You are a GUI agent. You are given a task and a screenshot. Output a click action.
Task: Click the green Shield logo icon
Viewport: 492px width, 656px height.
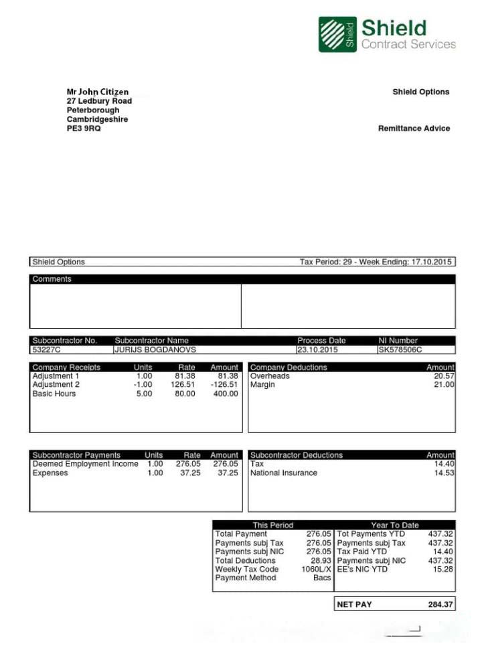click(x=337, y=34)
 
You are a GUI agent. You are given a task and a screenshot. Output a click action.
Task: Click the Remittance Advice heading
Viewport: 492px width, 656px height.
click(x=414, y=129)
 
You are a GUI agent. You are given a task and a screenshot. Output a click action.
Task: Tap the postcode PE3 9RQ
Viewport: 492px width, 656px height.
click(x=84, y=129)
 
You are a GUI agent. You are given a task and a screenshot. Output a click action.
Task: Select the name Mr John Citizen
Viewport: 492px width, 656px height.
click(x=98, y=92)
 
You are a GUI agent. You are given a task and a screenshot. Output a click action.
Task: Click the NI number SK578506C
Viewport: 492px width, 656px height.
click(x=400, y=349)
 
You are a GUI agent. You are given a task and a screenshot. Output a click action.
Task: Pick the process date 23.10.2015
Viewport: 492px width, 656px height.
click(x=318, y=349)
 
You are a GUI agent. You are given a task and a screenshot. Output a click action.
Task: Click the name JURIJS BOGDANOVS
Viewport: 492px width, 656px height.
click(x=155, y=349)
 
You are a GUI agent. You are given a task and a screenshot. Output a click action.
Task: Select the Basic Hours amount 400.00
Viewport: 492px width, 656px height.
click(x=225, y=394)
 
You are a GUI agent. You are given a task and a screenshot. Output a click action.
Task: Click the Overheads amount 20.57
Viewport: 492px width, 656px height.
click(x=444, y=376)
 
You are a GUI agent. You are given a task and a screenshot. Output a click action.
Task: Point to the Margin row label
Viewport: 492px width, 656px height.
click(x=263, y=385)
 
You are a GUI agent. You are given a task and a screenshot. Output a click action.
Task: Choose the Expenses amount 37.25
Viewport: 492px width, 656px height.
click(x=228, y=473)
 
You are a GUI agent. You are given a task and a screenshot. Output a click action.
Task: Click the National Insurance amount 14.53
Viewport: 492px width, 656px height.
click(x=444, y=473)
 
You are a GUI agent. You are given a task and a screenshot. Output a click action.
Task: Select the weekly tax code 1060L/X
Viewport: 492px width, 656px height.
click(x=316, y=569)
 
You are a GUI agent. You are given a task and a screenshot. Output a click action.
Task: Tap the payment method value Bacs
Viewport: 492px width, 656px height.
click(x=322, y=578)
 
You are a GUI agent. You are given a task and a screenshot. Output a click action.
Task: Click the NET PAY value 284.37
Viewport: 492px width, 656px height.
click(x=440, y=604)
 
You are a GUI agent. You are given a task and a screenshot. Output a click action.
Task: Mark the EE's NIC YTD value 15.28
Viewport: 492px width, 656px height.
click(x=443, y=569)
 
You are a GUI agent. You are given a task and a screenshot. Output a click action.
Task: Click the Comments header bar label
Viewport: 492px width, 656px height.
click(x=52, y=279)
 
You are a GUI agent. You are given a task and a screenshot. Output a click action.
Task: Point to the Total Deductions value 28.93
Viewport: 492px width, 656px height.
click(x=321, y=560)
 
